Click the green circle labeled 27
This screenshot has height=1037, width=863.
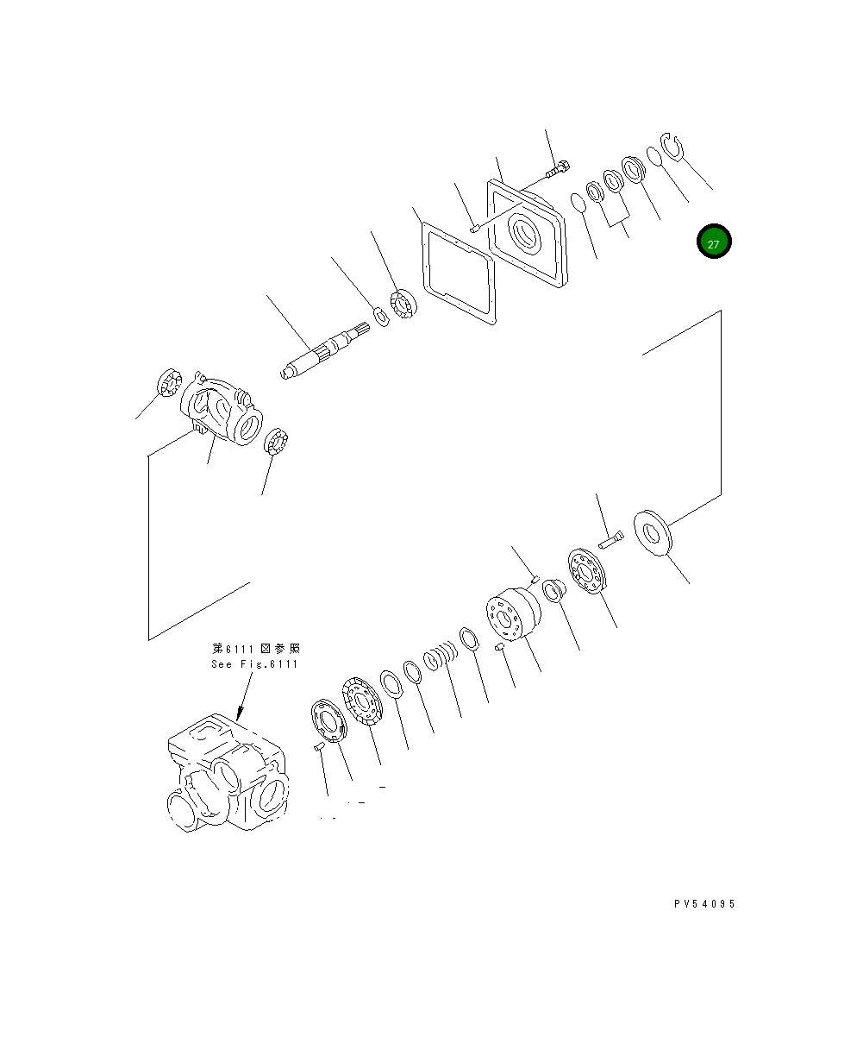[x=714, y=242]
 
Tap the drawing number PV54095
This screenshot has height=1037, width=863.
[x=704, y=904]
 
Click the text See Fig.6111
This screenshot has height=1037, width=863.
[x=254, y=663]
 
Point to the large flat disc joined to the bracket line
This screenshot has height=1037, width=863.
[x=655, y=533]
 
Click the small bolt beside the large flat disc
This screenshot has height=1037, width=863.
[x=608, y=541]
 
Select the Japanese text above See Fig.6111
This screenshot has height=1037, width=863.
[x=256, y=648]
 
